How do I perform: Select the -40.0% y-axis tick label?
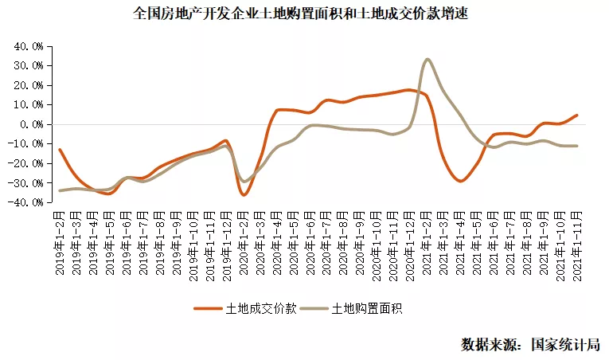pos(28,202)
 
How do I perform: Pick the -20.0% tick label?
pos(28,163)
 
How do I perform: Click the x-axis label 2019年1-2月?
pos(60,243)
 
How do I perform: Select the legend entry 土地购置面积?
pos(367,308)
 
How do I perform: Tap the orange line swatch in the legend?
pos(209,308)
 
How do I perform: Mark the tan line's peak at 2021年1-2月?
pos(427,59)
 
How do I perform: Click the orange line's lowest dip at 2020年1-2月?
pos(244,194)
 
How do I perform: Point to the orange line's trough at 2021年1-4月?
pos(460,181)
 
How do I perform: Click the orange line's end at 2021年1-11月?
pos(576,115)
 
